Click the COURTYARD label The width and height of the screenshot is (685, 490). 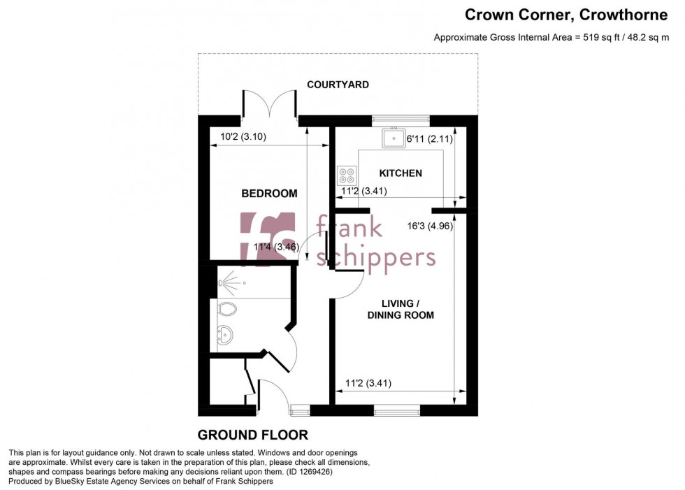pos(338,85)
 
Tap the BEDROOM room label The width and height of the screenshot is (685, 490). pos(269,194)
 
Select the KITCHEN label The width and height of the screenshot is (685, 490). pos(401,173)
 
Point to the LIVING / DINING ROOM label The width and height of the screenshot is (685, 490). pos(408,309)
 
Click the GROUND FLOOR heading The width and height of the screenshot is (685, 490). pos(252,434)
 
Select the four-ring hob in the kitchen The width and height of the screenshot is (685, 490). pos(346,174)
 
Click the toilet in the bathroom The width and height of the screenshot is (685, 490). pos(226,308)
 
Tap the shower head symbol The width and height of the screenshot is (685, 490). pos(222,283)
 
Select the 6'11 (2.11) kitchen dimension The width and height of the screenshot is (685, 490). pos(430,139)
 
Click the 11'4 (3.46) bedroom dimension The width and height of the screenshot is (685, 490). pos(276,247)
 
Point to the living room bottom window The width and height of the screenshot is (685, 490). pos(396,410)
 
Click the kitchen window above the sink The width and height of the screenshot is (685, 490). pos(400,118)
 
